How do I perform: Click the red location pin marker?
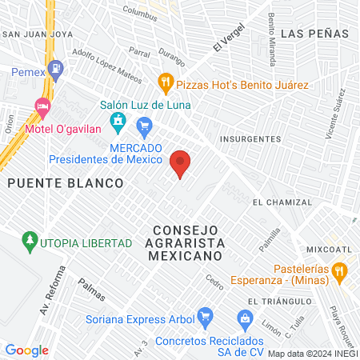tap(181, 163)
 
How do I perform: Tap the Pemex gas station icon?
tap(56, 70)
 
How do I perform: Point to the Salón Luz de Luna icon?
tap(118, 122)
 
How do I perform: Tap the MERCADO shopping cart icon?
tap(145, 125)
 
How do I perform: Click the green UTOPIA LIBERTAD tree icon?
tap(30, 240)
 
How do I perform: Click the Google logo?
tap(26, 350)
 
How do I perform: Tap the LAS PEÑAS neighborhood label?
tap(315, 34)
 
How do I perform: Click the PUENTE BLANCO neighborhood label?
tap(66, 182)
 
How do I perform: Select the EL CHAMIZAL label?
tap(280, 202)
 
